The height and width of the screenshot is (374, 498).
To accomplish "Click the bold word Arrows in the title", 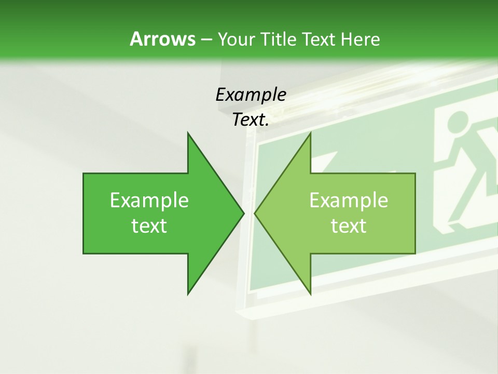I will (x=162, y=39).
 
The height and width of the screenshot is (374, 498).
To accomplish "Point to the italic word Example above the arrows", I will (x=251, y=95).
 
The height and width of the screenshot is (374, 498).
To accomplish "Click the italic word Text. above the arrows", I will (x=251, y=120).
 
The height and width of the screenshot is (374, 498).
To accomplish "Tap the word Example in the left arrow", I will (x=149, y=200).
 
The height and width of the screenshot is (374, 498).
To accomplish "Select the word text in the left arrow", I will (x=149, y=226).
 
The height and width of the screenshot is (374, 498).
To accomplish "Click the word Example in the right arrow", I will (x=349, y=200).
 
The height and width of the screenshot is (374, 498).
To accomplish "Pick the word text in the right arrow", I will (x=349, y=226).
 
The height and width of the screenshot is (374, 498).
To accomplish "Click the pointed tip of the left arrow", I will (x=243, y=213).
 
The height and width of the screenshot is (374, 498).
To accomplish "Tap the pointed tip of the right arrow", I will (x=255, y=213).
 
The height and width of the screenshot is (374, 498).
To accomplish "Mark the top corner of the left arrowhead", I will (x=188, y=133).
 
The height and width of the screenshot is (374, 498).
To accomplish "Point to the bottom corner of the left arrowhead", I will (x=188, y=293).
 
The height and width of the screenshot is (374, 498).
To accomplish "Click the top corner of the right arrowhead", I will (x=310, y=133).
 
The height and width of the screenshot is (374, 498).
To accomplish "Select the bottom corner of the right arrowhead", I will (x=310, y=293).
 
